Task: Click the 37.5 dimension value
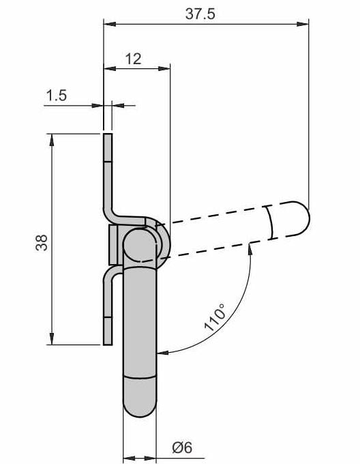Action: [200, 14]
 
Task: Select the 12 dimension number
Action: [134, 59]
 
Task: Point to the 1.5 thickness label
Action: [57, 96]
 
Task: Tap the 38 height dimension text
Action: [42, 243]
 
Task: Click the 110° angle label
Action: [215, 317]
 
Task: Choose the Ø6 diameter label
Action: [182, 448]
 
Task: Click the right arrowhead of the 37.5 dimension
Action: [303, 24]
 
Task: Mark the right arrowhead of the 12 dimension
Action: [164, 68]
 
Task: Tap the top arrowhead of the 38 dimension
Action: [52, 141]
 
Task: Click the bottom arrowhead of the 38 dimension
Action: [52, 338]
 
